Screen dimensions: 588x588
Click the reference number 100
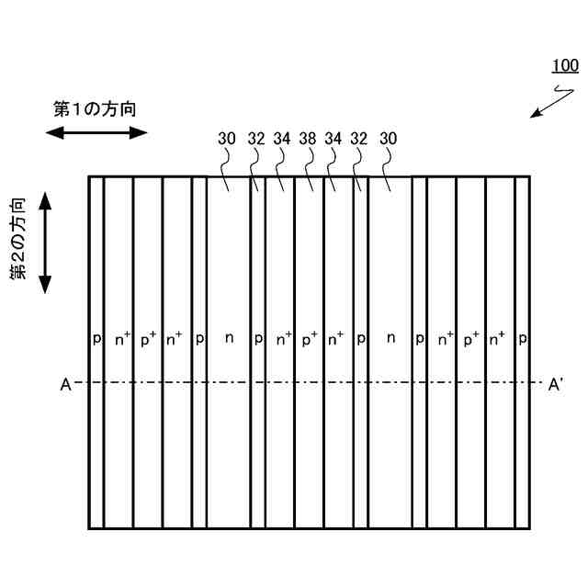click(x=564, y=66)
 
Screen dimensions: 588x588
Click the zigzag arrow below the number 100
click(x=548, y=101)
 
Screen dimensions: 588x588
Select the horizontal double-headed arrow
click(x=96, y=132)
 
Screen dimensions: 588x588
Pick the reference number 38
click(x=308, y=140)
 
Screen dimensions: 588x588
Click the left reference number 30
click(x=227, y=140)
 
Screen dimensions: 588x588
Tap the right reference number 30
click(x=388, y=140)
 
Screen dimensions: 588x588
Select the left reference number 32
click(x=256, y=140)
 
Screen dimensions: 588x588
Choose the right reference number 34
click(x=334, y=140)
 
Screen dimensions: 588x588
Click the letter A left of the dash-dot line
click(x=65, y=384)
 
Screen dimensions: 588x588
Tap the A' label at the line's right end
click(x=555, y=384)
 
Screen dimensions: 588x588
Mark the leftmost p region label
click(x=96, y=339)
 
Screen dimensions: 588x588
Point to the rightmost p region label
click(x=522, y=339)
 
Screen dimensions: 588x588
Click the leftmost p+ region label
click(x=148, y=338)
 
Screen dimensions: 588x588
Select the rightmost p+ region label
click(x=471, y=338)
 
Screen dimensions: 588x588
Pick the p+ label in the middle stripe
click(x=310, y=338)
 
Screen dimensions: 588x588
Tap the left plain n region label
click(x=229, y=338)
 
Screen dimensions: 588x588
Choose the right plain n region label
click(x=390, y=338)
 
